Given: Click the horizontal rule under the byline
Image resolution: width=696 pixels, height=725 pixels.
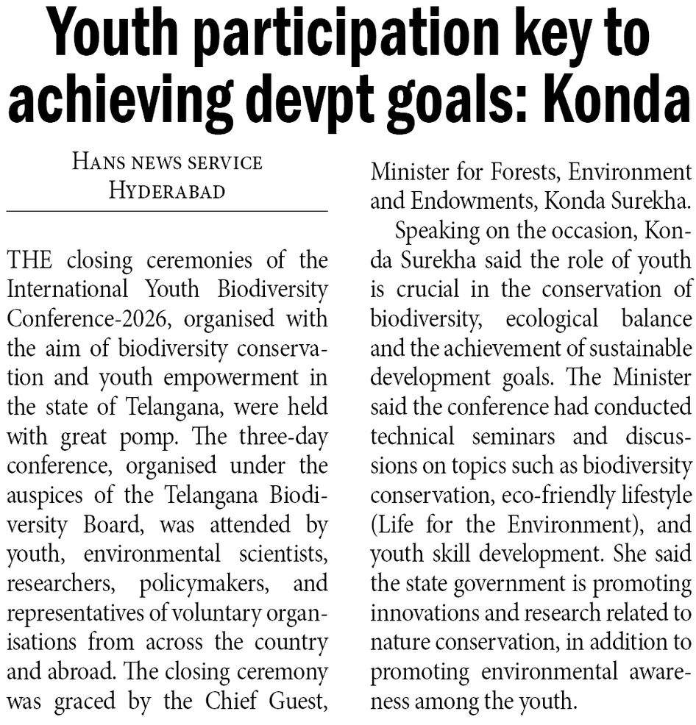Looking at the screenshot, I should pos(167,212).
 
